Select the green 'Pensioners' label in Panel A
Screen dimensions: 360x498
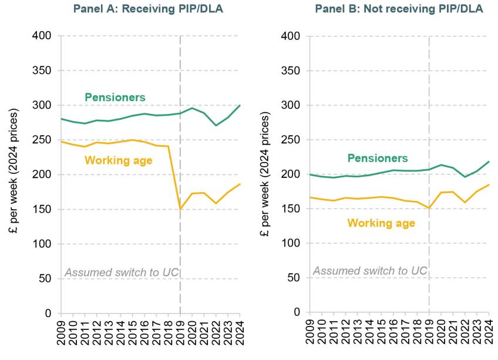pyautogui.click(x=115, y=97)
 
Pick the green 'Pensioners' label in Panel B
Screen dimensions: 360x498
pyautogui.click(x=377, y=158)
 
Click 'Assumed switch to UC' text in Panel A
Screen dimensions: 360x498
pyautogui.click(x=121, y=272)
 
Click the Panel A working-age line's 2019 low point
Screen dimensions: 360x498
pyautogui.click(x=180, y=208)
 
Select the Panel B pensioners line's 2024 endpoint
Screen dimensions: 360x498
pyautogui.click(x=489, y=162)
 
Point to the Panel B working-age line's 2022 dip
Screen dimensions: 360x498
pyautogui.click(x=465, y=203)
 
